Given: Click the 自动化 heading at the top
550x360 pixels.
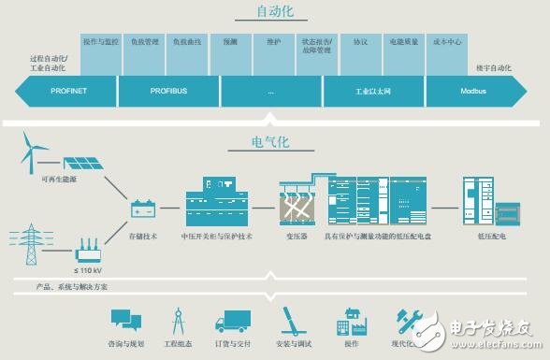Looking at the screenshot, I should (x=275, y=12).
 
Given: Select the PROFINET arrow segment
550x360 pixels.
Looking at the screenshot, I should (x=67, y=92).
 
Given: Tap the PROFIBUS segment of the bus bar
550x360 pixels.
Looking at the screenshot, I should (x=168, y=92).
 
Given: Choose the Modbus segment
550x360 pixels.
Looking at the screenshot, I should (x=473, y=92).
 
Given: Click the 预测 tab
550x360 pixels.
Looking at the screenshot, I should (x=230, y=43).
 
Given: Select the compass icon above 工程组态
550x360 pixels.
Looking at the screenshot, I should (x=177, y=322).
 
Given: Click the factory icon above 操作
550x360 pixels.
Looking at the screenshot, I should (x=351, y=323).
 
